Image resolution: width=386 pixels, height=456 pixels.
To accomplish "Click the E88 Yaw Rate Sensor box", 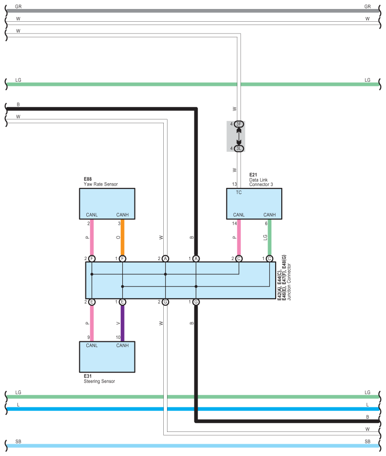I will [x=107, y=203].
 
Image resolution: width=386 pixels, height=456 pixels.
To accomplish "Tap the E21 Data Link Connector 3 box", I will [x=254, y=203].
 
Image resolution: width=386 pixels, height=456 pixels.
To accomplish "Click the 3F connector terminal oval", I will [x=239, y=124].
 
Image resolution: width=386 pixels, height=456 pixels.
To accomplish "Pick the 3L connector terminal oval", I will [x=239, y=148].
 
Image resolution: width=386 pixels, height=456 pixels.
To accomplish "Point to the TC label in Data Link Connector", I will [x=239, y=193].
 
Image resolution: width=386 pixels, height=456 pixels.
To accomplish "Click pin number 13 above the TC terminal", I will [x=234, y=184].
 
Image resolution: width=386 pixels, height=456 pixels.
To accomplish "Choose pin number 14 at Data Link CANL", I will [x=234, y=223].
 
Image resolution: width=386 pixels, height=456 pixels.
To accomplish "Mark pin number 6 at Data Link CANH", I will [x=266, y=223].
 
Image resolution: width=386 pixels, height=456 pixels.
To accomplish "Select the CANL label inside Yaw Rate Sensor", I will [x=92, y=215].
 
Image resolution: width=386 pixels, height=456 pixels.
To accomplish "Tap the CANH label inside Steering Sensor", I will [x=122, y=346].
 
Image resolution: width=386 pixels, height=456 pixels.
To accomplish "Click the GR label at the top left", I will [x=18, y=7].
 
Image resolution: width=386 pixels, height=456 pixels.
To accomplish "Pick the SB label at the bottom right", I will [x=368, y=441].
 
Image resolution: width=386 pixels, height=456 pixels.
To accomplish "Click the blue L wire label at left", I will [x=18, y=405].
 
